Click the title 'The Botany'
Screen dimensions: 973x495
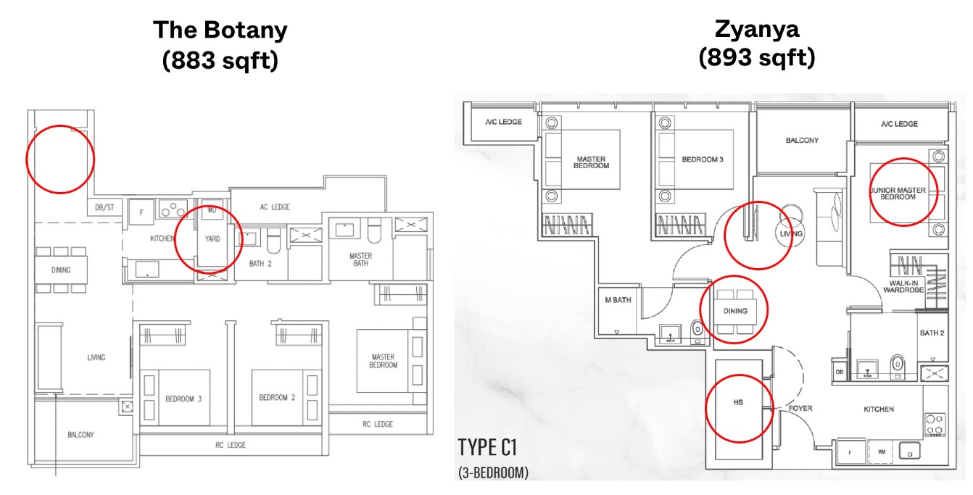[220, 30]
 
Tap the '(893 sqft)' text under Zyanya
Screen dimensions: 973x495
[757, 57]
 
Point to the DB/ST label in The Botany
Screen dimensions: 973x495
[104, 207]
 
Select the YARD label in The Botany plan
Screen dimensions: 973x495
[212, 239]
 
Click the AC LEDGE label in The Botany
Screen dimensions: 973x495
[275, 207]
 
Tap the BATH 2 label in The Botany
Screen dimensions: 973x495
[260, 264]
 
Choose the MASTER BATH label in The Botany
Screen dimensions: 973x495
[360, 259]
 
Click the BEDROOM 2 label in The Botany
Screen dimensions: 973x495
[277, 398]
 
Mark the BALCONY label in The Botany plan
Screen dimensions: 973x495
[80, 435]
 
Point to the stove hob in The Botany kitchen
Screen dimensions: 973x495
[173, 209]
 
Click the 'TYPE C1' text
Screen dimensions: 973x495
[487, 448]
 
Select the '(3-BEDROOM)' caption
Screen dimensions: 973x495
[494, 473]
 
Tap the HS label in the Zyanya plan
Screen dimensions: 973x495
[738, 402]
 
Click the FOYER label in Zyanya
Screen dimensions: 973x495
[800, 409]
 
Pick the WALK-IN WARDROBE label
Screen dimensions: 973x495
[903, 286]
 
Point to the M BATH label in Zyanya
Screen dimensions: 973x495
[618, 300]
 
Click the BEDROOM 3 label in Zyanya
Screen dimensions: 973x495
[703, 159]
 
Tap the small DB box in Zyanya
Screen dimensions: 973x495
[839, 372]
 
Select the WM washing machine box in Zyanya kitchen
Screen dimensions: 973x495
[881, 452]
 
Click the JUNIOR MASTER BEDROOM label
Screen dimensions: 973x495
[898, 194]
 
